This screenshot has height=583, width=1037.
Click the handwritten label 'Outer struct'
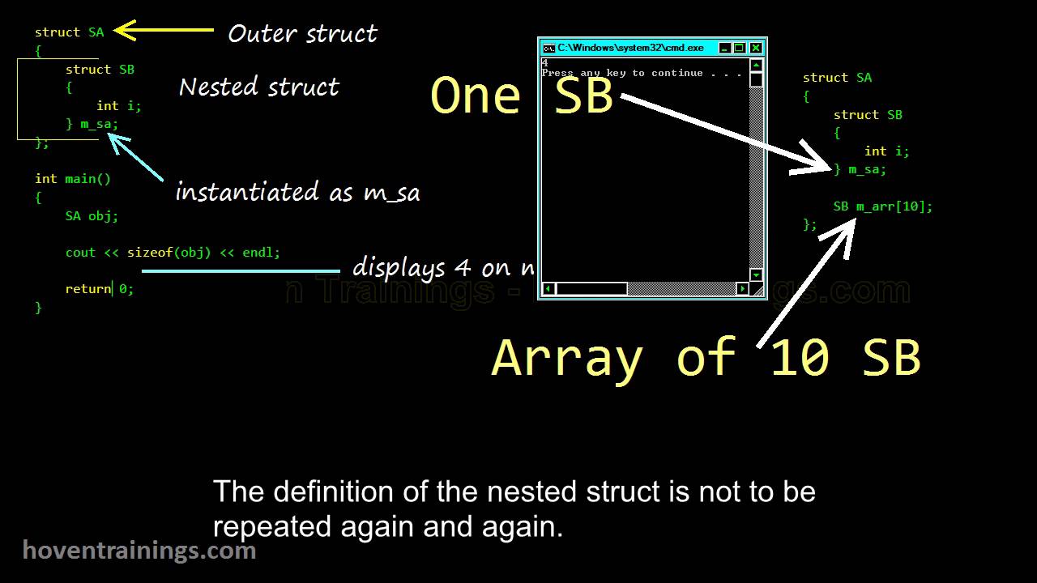pos(302,34)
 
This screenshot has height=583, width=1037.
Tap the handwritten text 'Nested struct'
pos(259,87)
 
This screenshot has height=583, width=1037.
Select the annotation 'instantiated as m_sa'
pos(297,193)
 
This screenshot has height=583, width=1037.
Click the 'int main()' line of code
pos(73,179)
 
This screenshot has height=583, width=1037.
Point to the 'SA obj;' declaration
pos(92,216)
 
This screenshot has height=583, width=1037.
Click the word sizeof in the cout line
pos(150,253)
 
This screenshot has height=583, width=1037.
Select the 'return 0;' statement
pos(99,289)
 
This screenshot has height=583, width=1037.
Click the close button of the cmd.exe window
pos(756,48)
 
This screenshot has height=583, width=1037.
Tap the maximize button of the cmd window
pos(740,48)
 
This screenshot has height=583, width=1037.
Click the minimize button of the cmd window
pos(725,48)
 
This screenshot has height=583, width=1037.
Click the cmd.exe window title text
pos(630,48)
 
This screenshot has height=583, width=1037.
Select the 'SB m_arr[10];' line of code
pos(883,206)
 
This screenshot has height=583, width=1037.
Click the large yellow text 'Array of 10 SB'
pos(706,357)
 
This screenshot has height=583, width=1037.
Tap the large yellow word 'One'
pos(476,96)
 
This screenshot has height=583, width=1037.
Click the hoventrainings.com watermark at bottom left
pos(139,551)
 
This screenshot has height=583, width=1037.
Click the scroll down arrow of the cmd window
pos(756,275)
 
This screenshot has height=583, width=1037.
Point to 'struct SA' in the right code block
pos(837,78)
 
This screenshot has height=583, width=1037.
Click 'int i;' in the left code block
pos(119,106)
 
